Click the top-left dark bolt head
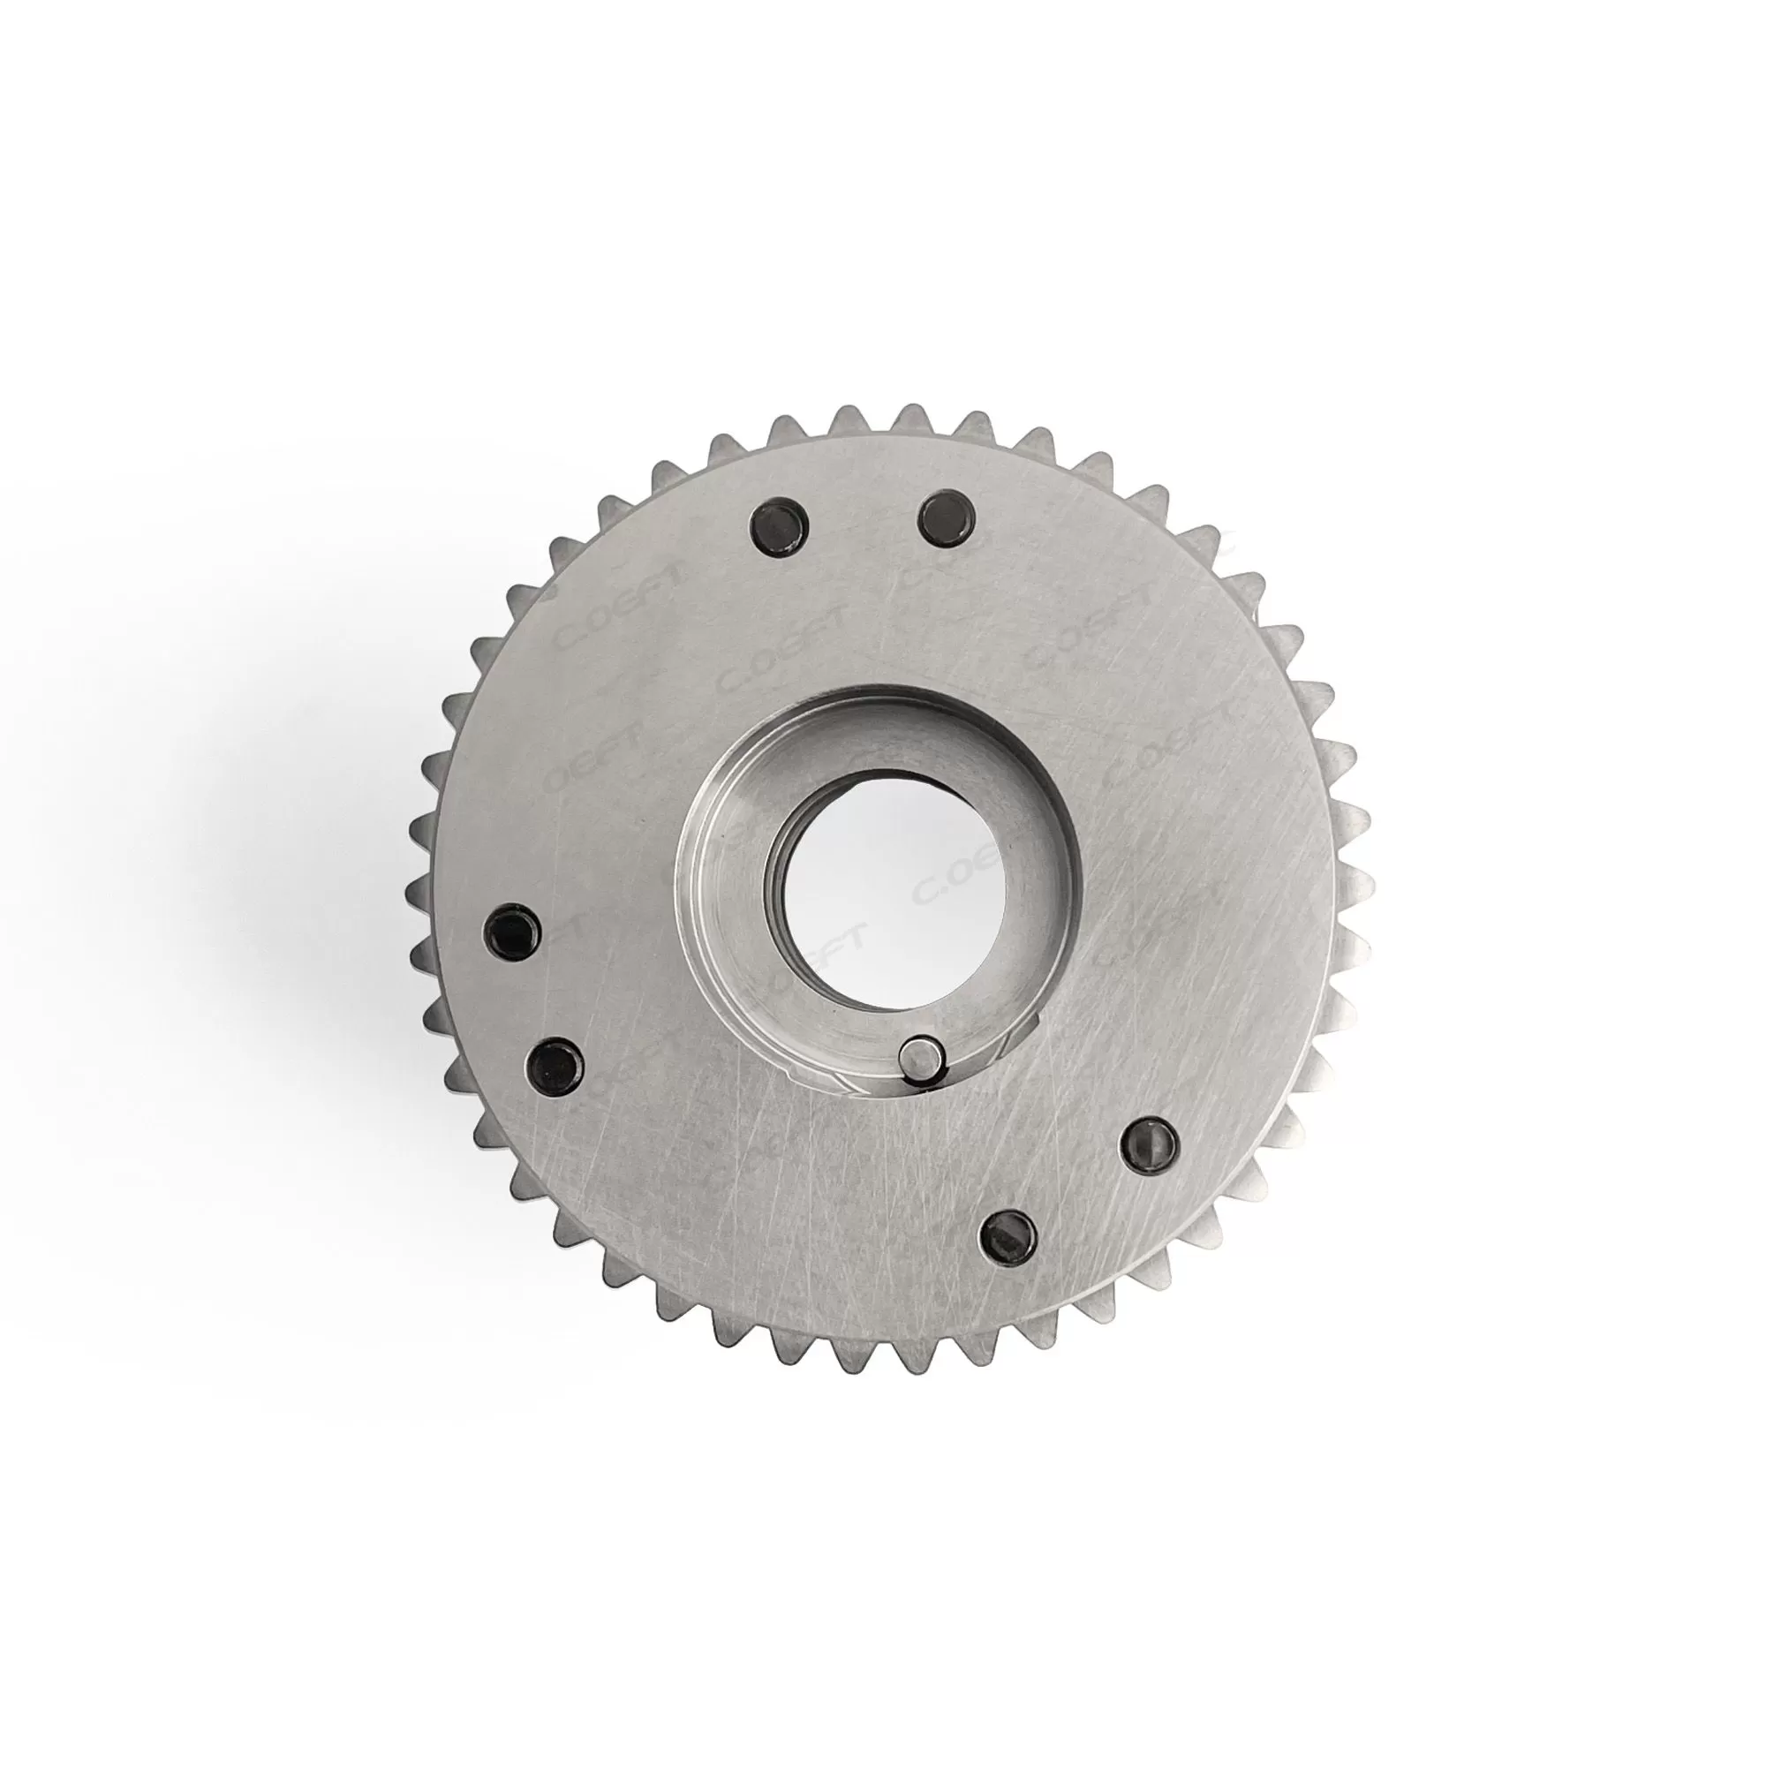coord(780,526)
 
